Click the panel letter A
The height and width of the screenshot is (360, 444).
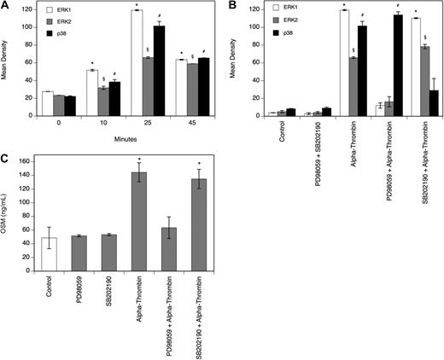point(5,6)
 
